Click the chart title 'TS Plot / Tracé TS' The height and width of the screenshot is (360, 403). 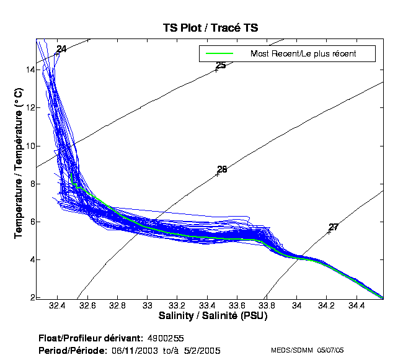[210, 28]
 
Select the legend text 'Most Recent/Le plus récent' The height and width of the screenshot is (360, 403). [303, 54]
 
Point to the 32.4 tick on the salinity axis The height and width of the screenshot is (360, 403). [58, 305]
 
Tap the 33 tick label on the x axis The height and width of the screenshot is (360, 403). [148, 305]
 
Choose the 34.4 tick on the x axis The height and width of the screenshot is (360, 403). [356, 305]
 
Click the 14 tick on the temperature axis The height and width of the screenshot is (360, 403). [29, 70]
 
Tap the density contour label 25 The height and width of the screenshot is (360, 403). [221, 66]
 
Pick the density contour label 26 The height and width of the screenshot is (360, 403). [222, 169]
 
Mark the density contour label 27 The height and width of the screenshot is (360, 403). [333, 227]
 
